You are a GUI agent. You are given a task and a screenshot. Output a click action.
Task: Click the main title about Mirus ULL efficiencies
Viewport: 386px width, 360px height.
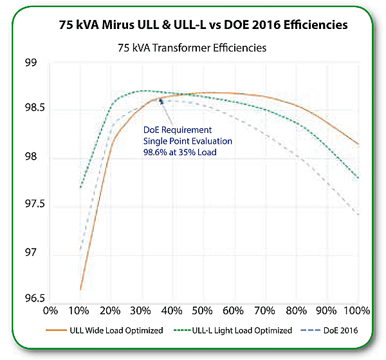(200, 26)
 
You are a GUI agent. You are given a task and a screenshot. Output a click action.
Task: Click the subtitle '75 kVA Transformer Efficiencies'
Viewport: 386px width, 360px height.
(193, 48)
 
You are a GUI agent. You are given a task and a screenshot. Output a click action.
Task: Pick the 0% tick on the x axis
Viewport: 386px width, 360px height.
(50, 310)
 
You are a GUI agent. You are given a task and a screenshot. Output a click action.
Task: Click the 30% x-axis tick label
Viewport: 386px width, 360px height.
(141, 310)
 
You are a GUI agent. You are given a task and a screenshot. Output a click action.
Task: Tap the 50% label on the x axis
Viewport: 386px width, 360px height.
(203, 310)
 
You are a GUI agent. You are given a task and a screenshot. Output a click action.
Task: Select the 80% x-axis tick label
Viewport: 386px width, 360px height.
(296, 310)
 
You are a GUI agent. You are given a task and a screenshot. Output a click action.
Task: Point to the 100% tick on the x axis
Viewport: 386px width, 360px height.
(356, 310)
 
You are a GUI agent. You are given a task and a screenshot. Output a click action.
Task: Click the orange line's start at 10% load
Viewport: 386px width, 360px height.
(80, 289)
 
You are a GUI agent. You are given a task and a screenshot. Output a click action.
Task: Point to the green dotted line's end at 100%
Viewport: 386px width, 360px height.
(358, 178)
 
